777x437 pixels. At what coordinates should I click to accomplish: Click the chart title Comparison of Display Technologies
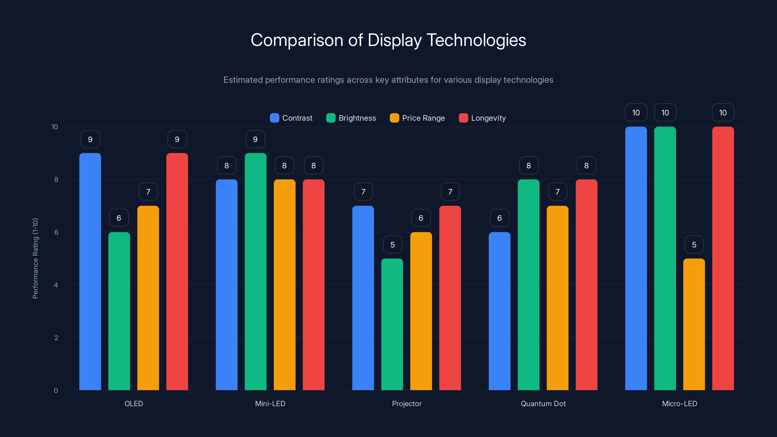click(388, 40)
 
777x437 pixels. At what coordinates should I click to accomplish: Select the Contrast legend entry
click(291, 118)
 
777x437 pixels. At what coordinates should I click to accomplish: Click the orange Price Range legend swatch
click(394, 118)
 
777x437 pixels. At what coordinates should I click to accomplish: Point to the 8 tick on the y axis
click(56, 179)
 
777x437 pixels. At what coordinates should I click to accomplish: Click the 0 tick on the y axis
click(56, 391)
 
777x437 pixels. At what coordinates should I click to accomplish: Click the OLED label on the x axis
click(134, 403)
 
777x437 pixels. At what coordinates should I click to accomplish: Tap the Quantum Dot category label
click(543, 403)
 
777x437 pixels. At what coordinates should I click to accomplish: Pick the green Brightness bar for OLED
click(119, 311)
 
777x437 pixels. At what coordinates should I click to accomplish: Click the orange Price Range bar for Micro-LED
click(694, 324)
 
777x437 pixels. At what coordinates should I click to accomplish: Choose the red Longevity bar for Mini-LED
click(313, 285)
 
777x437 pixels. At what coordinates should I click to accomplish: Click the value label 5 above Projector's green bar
click(392, 244)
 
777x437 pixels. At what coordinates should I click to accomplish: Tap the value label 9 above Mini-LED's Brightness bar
click(255, 139)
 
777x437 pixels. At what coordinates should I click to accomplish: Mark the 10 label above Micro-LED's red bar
click(723, 113)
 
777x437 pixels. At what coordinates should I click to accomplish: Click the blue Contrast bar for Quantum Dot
click(499, 311)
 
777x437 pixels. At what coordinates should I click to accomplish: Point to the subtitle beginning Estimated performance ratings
click(388, 80)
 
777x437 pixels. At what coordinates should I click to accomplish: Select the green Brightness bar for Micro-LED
click(665, 258)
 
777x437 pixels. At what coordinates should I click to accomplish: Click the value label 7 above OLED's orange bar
click(148, 192)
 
